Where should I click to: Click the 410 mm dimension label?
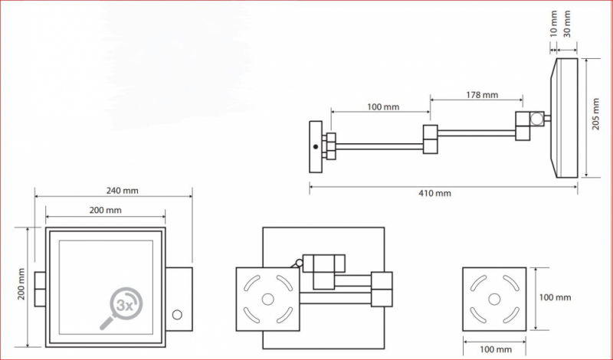click(x=435, y=193)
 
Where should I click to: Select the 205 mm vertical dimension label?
click(x=596, y=114)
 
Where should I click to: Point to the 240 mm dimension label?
click(x=123, y=191)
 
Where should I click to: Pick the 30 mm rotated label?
click(x=567, y=24)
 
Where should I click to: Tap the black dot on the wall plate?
click(x=316, y=147)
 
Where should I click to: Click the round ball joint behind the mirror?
click(x=537, y=119)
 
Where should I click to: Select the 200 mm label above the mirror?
click(x=106, y=211)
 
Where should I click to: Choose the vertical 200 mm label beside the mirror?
click(x=21, y=283)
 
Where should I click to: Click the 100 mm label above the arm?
click(x=383, y=106)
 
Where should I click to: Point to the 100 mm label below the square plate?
click(x=496, y=349)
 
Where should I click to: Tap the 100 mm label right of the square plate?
click(x=555, y=297)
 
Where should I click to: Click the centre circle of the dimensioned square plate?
click(x=494, y=299)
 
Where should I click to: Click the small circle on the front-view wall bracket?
click(x=177, y=315)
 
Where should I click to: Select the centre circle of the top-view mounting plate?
click(x=267, y=299)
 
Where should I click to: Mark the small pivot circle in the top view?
click(x=299, y=263)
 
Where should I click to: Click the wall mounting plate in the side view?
click(x=316, y=147)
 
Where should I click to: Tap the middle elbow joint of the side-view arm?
click(x=431, y=139)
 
